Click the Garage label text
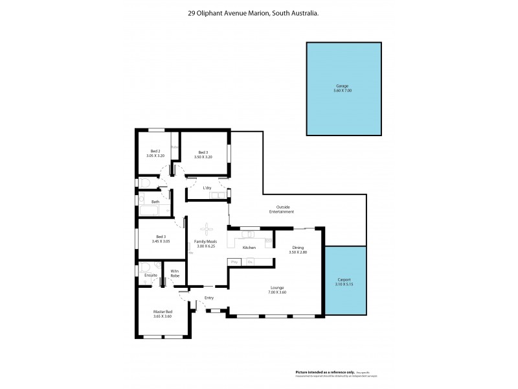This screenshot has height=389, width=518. pos(342,86)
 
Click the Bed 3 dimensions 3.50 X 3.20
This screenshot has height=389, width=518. pos(203,157)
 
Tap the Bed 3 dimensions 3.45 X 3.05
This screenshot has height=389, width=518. pos(161,241)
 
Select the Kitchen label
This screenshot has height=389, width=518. pos(249,248)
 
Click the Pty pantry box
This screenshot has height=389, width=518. pos(234,261)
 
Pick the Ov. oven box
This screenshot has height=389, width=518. pos(249,261)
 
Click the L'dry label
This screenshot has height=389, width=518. pos(207,188)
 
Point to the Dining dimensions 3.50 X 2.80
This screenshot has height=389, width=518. pos(298,252)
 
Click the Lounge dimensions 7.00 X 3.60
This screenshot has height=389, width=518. pos(277,292)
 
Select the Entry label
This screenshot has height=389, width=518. pos(209,298)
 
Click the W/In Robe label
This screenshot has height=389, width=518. pos(175,274)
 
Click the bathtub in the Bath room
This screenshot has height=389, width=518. pos(154,209)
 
